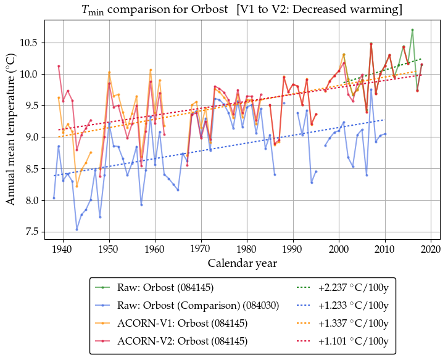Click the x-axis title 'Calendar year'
click(x=242, y=263)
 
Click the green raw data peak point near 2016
click(x=412, y=30)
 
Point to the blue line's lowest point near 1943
click(x=77, y=229)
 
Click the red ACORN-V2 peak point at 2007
click(x=371, y=44)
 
